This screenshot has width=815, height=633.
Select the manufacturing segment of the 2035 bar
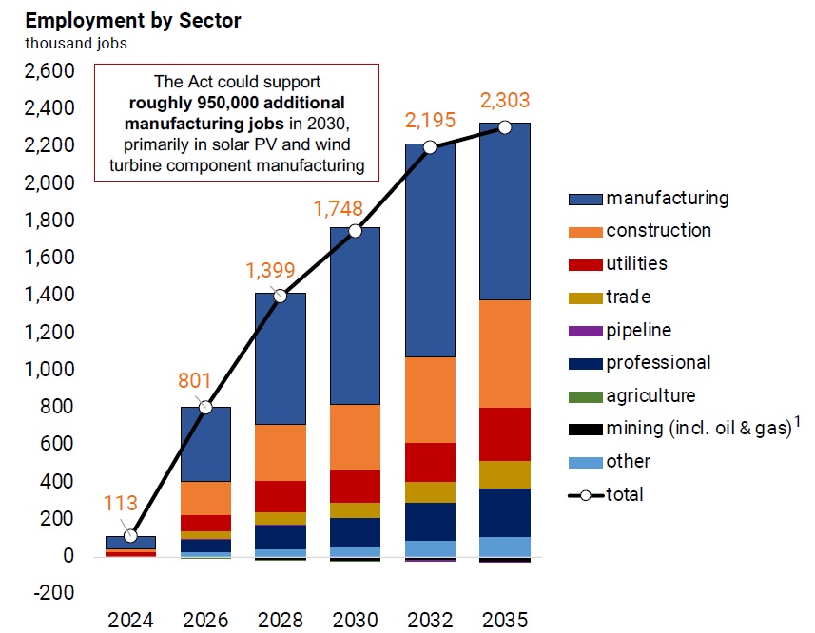point(504,211)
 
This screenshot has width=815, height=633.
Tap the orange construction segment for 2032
point(429,399)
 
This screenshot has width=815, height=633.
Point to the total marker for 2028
point(281,296)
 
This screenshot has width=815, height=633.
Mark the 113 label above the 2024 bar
point(121,504)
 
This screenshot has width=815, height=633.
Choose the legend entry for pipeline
point(639,330)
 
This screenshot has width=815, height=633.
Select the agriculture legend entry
point(650,395)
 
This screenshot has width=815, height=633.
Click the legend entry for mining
point(699,429)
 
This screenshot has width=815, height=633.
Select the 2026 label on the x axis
point(206,621)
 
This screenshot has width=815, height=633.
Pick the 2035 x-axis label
point(504,621)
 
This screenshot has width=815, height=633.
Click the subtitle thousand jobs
point(75,42)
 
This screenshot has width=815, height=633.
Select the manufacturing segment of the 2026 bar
point(205,444)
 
